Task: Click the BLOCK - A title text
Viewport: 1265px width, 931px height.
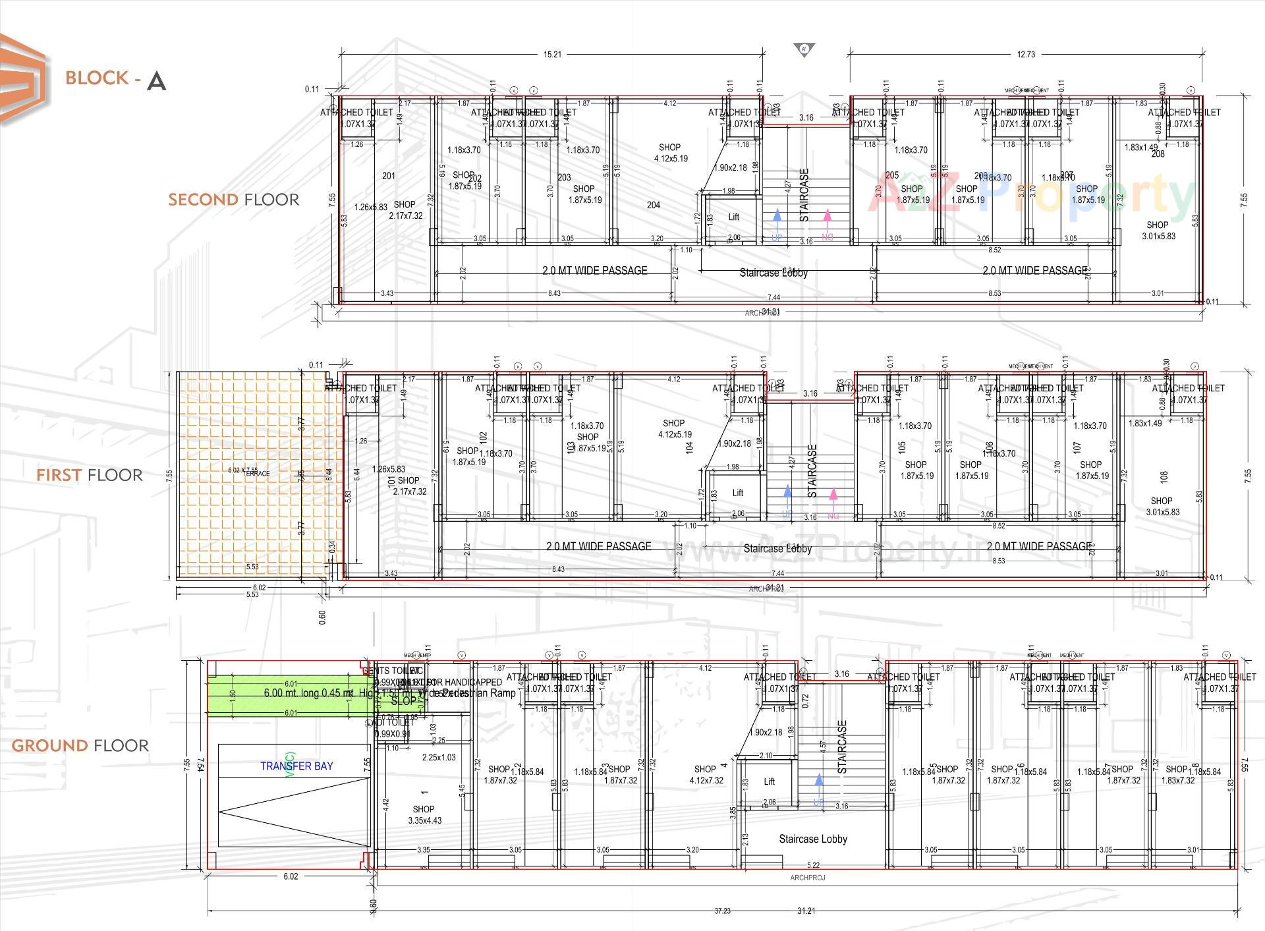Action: point(115,78)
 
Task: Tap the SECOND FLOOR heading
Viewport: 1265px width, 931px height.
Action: point(233,200)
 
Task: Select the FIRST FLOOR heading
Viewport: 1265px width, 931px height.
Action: point(89,475)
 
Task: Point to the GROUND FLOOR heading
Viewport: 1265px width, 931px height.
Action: point(80,745)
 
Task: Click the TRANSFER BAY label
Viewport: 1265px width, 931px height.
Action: point(296,766)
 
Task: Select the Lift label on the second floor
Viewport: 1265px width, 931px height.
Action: point(733,217)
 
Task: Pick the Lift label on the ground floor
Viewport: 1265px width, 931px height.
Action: point(769,781)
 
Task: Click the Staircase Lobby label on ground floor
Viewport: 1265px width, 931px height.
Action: point(812,839)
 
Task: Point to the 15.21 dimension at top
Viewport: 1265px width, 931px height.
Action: point(552,54)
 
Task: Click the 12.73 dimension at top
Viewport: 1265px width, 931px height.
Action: point(1026,54)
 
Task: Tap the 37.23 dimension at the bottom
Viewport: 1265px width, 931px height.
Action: point(722,911)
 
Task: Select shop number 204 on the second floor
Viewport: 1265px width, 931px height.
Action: point(653,205)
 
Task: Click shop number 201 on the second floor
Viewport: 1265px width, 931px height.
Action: point(389,175)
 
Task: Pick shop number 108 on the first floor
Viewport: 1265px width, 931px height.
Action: point(1164,476)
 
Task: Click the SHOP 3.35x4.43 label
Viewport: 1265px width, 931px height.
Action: point(424,814)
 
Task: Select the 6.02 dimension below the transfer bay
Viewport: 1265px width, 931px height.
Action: point(291,876)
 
